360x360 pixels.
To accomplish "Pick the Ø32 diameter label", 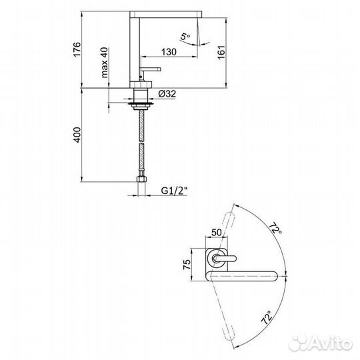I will coord(168,95).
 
